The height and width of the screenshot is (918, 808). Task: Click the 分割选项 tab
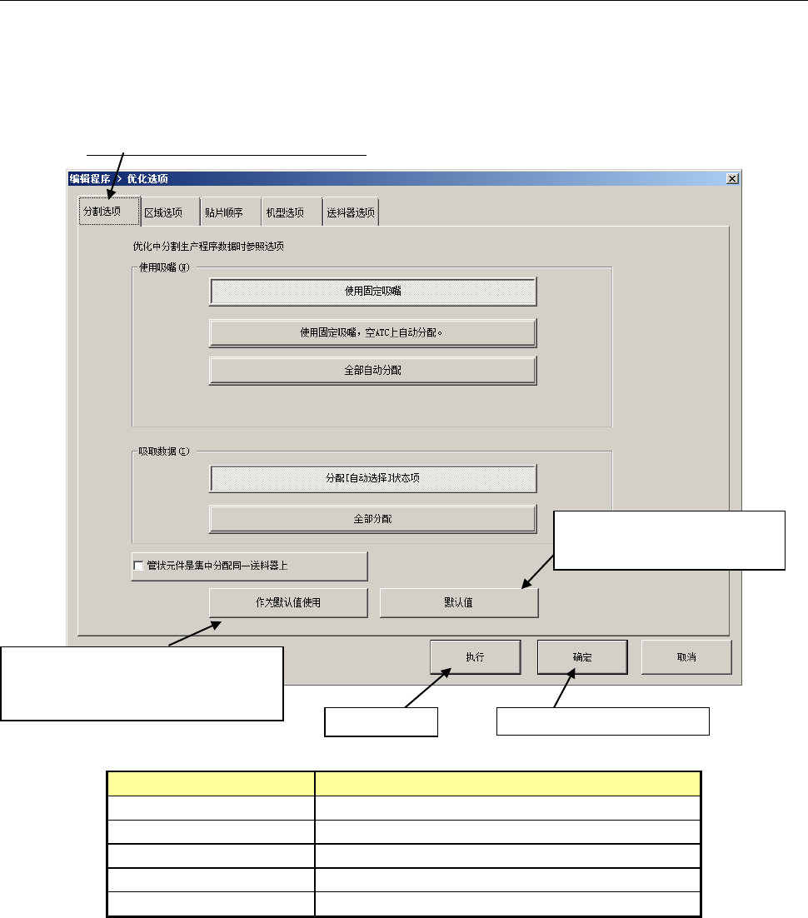[102, 212]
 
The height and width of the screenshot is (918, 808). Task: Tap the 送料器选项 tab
[350, 212]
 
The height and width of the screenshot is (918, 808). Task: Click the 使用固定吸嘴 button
[372, 292]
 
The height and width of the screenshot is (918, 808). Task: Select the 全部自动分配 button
[372, 371]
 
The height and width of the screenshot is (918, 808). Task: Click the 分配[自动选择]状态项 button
[372, 478]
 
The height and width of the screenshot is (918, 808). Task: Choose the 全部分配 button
[372, 519]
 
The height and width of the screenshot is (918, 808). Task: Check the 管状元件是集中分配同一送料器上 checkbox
[138, 566]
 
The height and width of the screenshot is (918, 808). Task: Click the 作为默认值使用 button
[288, 603]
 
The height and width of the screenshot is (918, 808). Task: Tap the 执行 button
[476, 656]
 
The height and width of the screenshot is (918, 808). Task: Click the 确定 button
[582, 656]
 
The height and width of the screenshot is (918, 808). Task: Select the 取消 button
[686, 656]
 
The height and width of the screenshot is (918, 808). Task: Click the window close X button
[731, 178]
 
